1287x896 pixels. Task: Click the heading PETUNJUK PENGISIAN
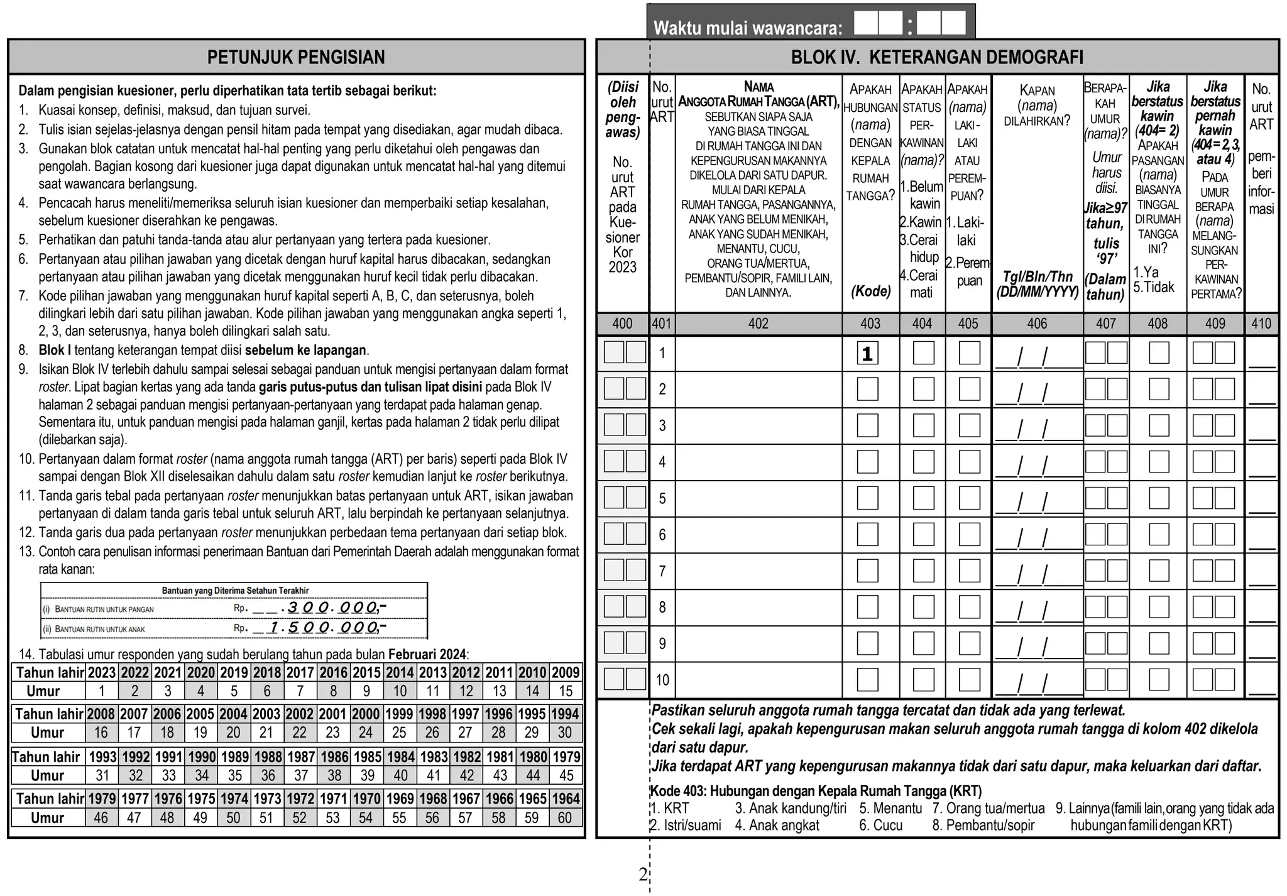point(296,57)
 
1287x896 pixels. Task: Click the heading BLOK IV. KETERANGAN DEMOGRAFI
point(936,57)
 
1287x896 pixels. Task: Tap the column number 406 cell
point(1037,324)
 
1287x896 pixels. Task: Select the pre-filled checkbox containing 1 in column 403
point(867,354)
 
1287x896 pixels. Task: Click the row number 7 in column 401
point(662,571)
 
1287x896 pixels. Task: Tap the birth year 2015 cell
point(366,672)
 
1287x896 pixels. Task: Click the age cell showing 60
point(565,817)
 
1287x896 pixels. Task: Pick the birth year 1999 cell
point(399,714)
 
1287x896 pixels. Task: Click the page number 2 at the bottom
point(642,874)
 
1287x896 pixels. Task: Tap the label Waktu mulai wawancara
point(747,28)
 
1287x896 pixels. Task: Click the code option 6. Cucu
point(880,825)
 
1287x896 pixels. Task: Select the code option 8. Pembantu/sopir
point(983,825)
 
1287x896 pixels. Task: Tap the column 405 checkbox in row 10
point(969,680)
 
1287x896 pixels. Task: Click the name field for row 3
point(759,426)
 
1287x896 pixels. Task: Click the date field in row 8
point(1037,608)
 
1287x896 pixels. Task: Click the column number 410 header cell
point(1261,324)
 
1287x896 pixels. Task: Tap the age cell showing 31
point(102,775)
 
